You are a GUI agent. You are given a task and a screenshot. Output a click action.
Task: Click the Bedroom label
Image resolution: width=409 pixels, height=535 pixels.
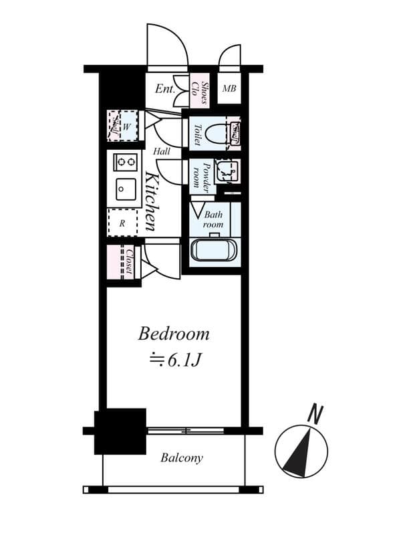(x=174, y=333)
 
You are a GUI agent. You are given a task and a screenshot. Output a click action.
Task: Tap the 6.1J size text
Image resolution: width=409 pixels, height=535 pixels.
(x=175, y=360)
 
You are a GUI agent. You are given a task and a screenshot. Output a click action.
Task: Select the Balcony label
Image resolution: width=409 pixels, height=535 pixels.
(x=182, y=458)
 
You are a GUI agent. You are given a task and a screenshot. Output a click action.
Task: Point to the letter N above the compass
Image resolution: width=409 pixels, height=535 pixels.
(x=312, y=415)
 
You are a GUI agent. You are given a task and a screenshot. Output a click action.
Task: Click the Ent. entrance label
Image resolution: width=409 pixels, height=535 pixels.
(x=165, y=89)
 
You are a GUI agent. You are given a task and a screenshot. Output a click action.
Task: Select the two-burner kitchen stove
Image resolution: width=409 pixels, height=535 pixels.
(x=125, y=161)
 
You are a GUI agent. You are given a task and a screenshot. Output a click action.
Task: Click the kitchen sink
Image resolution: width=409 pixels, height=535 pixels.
(x=125, y=189)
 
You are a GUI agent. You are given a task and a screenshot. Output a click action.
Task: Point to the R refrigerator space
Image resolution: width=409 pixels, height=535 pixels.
(x=122, y=223)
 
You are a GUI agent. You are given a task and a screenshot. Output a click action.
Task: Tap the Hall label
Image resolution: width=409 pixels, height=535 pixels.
(x=161, y=152)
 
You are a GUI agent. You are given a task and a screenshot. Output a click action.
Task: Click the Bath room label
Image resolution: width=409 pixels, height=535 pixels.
(x=213, y=220)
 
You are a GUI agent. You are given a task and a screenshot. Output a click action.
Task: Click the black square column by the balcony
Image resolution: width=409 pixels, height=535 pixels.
(x=120, y=431)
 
